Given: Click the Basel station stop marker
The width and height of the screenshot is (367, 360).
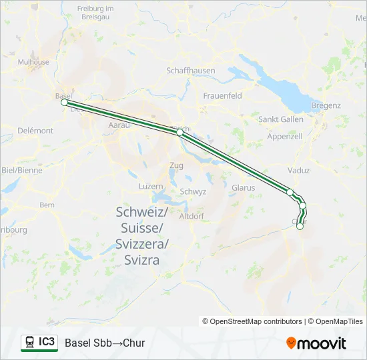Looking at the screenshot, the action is tap(64, 102).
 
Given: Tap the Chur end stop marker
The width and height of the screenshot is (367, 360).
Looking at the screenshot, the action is tap(300, 227).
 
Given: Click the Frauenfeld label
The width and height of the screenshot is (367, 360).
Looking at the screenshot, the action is tap(223, 96).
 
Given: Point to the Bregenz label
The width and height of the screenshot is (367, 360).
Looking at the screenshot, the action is tap(326, 105).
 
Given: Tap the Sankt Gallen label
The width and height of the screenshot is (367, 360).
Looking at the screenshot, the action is tap(281, 119).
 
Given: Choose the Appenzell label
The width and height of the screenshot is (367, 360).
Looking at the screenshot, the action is tap(284, 136).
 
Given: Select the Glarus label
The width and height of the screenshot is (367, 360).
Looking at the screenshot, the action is tap(243, 188).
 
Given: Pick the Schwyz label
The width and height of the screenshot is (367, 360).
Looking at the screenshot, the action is tap(193, 191).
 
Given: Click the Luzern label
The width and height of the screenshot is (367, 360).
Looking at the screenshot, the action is tap(151, 187).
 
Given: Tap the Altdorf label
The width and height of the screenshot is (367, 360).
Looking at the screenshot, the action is tap(192, 216).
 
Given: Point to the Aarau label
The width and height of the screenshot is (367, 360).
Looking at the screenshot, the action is tap(118, 125).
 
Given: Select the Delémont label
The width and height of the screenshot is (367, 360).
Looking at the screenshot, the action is tap(35, 131).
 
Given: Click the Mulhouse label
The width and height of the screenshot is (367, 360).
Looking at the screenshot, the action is tap(34, 62).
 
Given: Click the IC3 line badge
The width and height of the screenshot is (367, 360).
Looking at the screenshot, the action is tap(39, 343).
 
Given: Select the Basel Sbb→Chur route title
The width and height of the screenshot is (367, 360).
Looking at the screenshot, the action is tap(105, 343).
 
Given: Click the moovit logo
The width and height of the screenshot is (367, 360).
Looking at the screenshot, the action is tap(316, 343).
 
